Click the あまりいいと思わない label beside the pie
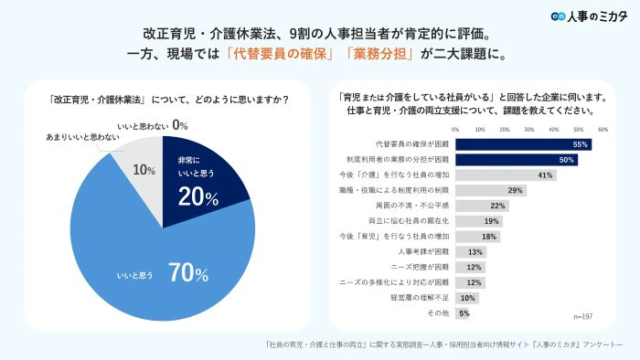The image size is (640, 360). click(x=83, y=137)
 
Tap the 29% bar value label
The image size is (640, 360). click(x=516, y=191)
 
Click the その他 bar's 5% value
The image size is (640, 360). click(x=464, y=313)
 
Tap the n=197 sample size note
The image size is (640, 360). click(x=582, y=315)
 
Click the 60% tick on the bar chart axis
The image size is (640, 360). click(x=603, y=130)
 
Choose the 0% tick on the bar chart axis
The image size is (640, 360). click(x=455, y=130)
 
